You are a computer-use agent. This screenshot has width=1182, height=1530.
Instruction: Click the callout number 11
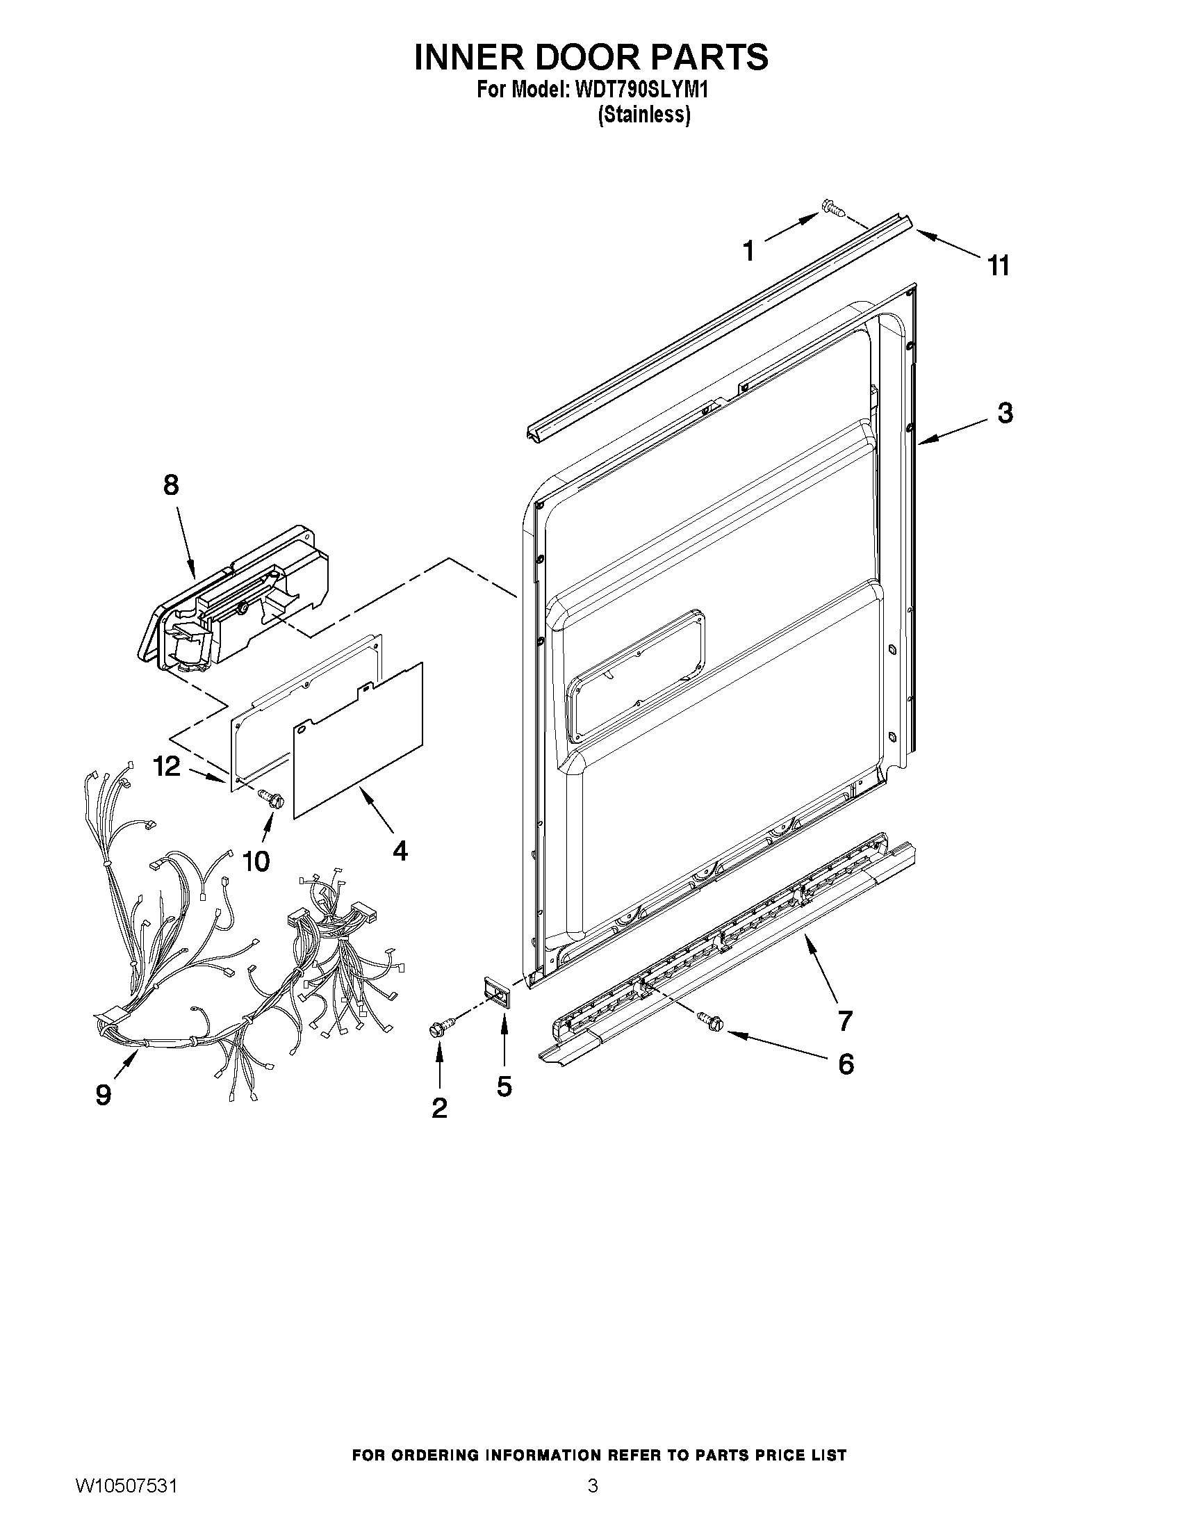[x=999, y=266]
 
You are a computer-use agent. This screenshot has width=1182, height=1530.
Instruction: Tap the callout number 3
[x=1005, y=414]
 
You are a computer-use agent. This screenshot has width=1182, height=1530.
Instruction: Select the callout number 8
[x=171, y=485]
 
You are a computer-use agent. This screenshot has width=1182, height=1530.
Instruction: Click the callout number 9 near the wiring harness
[x=104, y=1094]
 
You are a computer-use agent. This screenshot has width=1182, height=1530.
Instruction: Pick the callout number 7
[x=846, y=1020]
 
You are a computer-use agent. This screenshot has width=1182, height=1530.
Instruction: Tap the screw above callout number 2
[x=441, y=1027]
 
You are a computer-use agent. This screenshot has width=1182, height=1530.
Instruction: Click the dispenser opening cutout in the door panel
[x=637, y=676]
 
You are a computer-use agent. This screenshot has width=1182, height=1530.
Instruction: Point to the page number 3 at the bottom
[x=593, y=1500]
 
